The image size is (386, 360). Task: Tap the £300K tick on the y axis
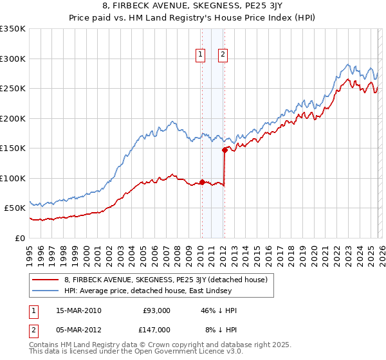coord(13,59)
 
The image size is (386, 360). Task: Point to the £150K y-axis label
coord(13,148)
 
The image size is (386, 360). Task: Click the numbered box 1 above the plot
coord(201,55)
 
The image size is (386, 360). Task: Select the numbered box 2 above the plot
coord(223,55)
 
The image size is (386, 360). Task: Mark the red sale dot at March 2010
coord(202,182)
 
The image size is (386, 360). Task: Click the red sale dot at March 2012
coord(225,150)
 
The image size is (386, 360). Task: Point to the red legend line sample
coord(46,279)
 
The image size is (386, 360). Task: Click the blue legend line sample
coord(46,291)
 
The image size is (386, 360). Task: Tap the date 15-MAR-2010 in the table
coord(78,310)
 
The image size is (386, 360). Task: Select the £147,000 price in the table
coord(156,329)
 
